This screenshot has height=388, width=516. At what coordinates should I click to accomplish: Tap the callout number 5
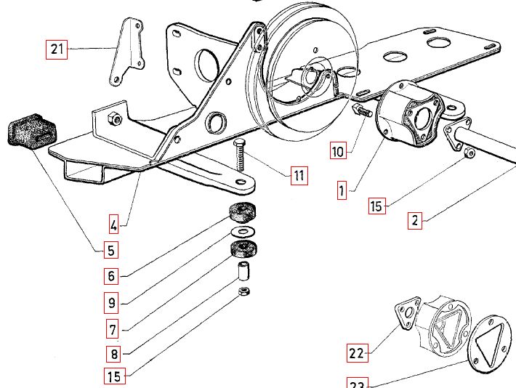[110, 251]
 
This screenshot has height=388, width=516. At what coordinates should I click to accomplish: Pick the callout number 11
[299, 175]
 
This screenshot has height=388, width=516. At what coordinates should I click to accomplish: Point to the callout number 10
[338, 152]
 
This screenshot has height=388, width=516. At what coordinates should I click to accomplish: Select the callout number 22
[357, 354]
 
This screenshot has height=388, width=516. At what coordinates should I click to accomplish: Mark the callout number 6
[111, 276]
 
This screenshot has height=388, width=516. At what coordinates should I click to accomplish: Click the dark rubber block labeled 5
[32, 132]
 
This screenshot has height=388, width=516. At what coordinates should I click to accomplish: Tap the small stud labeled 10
[361, 110]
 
